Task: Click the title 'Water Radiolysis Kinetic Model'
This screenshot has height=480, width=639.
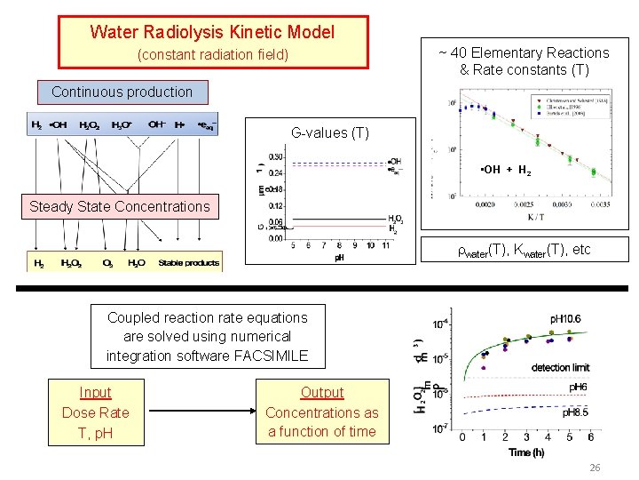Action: pyautogui.click(x=212, y=33)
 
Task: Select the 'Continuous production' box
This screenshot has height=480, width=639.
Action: pyautogui.click(x=122, y=92)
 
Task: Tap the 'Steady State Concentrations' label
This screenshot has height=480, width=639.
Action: pyautogui.click(x=120, y=207)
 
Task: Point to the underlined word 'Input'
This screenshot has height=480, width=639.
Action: pyautogui.click(x=95, y=393)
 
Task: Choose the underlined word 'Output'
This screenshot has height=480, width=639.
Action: pyautogui.click(x=321, y=393)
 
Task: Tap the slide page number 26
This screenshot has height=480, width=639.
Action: pyautogui.click(x=594, y=468)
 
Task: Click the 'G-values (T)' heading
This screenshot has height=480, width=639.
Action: pyautogui.click(x=330, y=133)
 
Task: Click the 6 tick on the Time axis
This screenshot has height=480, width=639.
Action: pyautogui.click(x=590, y=437)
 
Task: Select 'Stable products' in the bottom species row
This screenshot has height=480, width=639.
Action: pyautogui.click(x=189, y=263)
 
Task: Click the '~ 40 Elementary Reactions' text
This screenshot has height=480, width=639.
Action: pyautogui.click(x=524, y=53)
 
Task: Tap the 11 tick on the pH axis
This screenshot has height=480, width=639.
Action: pyautogui.click(x=384, y=246)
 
